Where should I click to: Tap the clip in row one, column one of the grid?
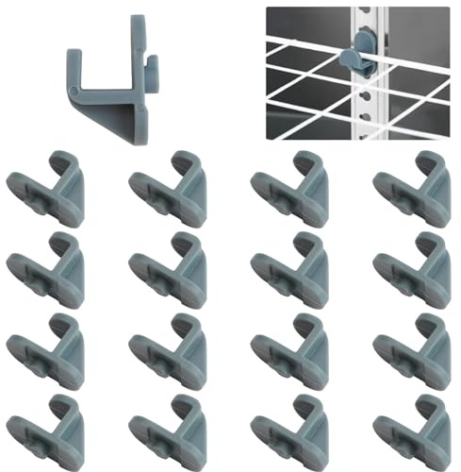coord(48,189)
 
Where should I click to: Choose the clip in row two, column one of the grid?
coord(48,270)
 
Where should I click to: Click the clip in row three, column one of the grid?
coord(48,351)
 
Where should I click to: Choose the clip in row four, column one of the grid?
coord(48,430)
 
